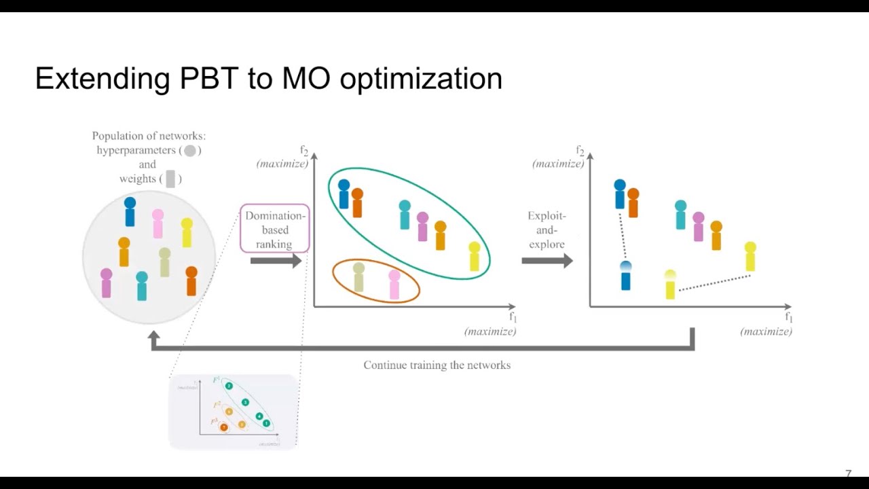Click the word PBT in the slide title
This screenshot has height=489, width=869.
point(208,79)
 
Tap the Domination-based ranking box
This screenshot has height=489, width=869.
point(275,229)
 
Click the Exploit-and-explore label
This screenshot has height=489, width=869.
point(547,230)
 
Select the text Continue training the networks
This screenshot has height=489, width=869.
point(437,365)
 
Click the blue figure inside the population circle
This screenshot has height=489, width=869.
point(130,212)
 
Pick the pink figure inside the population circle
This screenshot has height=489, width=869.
point(158,224)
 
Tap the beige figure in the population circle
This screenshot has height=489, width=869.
point(164,263)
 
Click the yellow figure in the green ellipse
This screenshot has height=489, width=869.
point(474,257)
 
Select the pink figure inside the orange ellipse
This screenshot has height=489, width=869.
point(394,285)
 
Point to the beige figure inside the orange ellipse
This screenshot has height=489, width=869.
point(358,277)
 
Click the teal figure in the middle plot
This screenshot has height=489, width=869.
point(405,215)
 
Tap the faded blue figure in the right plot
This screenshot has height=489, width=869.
point(626,276)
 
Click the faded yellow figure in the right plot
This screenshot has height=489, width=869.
point(670,285)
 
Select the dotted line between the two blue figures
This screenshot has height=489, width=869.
point(622,235)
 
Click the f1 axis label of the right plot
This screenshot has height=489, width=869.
point(788,317)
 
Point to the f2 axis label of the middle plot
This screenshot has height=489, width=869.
point(304,150)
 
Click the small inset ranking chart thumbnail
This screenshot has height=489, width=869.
point(233,412)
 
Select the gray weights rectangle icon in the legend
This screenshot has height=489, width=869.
point(170,179)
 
